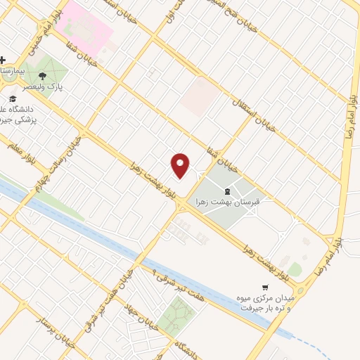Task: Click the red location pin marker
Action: (181, 165)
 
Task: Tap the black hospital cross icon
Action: (4, 60)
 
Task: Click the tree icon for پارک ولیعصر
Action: (44, 75)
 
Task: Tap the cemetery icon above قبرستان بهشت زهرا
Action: (226, 190)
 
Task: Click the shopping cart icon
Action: (264, 287)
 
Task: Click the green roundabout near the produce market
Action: (295, 269)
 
